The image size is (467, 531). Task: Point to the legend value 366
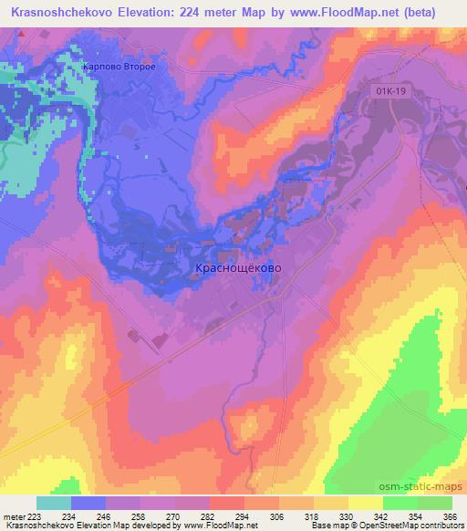[449, 515]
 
